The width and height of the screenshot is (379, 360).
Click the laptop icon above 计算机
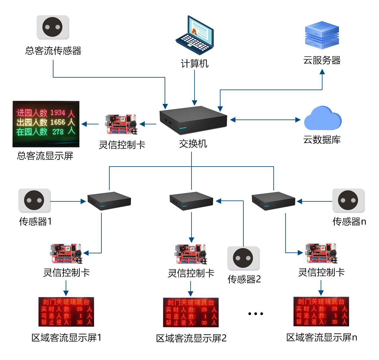pyautogui.click(x=195, y=35)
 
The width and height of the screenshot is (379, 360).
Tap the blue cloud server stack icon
pyautogui.click(x=322, y=35)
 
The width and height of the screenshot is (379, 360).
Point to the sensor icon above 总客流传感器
pyautogui.click(x=53, y=27)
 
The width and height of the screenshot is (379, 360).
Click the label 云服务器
pyautogui.click(x=322, y=60)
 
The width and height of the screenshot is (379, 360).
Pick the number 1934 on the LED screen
pyautogui.click(x=58, y=113)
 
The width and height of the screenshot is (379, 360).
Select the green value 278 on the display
pyautogui.click(x=58, y=132)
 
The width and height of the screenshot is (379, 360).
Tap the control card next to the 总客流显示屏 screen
pyautogui.click(x=121, y=124)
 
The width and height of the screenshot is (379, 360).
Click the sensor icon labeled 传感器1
pyautogui.click(x=34, y=200)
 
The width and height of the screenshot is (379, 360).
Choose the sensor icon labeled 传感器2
pyautogui.click(x=243, y=258)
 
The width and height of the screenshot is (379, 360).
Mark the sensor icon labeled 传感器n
pyautogui.click(x=348, y=200)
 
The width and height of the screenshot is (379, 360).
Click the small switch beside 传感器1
pyautogui.click(x=109, y=201)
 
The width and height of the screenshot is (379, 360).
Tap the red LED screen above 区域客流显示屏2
pyautogui.click(x=191, y=312)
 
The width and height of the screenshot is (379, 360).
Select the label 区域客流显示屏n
pyautogui.click(x=322, y=337)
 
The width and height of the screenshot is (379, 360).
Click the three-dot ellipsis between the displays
pyautogui.click(x=256, y=314)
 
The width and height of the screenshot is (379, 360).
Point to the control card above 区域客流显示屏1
pyautogui.click(x=66, y=254)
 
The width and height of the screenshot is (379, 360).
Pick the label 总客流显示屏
pyautogui.click(x=45, y=156)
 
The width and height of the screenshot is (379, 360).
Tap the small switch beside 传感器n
pyautogui.click(x=273, y=201)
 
